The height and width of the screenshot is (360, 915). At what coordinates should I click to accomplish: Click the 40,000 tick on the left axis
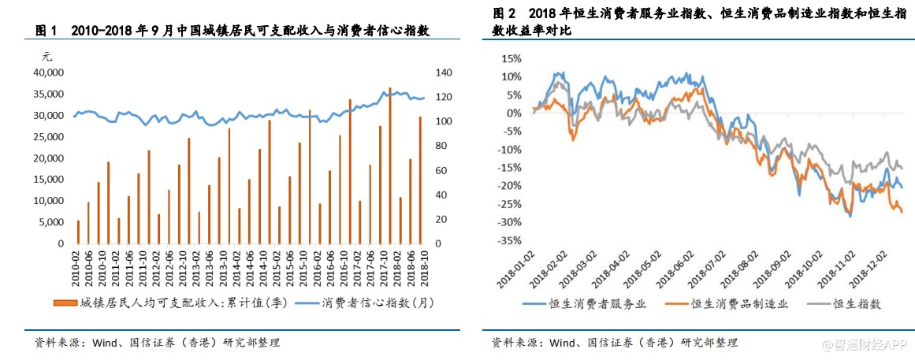pos(46,72)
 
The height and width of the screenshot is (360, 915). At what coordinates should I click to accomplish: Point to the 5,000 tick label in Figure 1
pos(49,222)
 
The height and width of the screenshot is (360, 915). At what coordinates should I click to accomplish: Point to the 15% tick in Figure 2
pos(511,58)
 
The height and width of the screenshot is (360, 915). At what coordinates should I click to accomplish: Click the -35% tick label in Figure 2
pos(508,241)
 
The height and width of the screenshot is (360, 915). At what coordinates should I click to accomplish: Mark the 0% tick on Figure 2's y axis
pos(514,113)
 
